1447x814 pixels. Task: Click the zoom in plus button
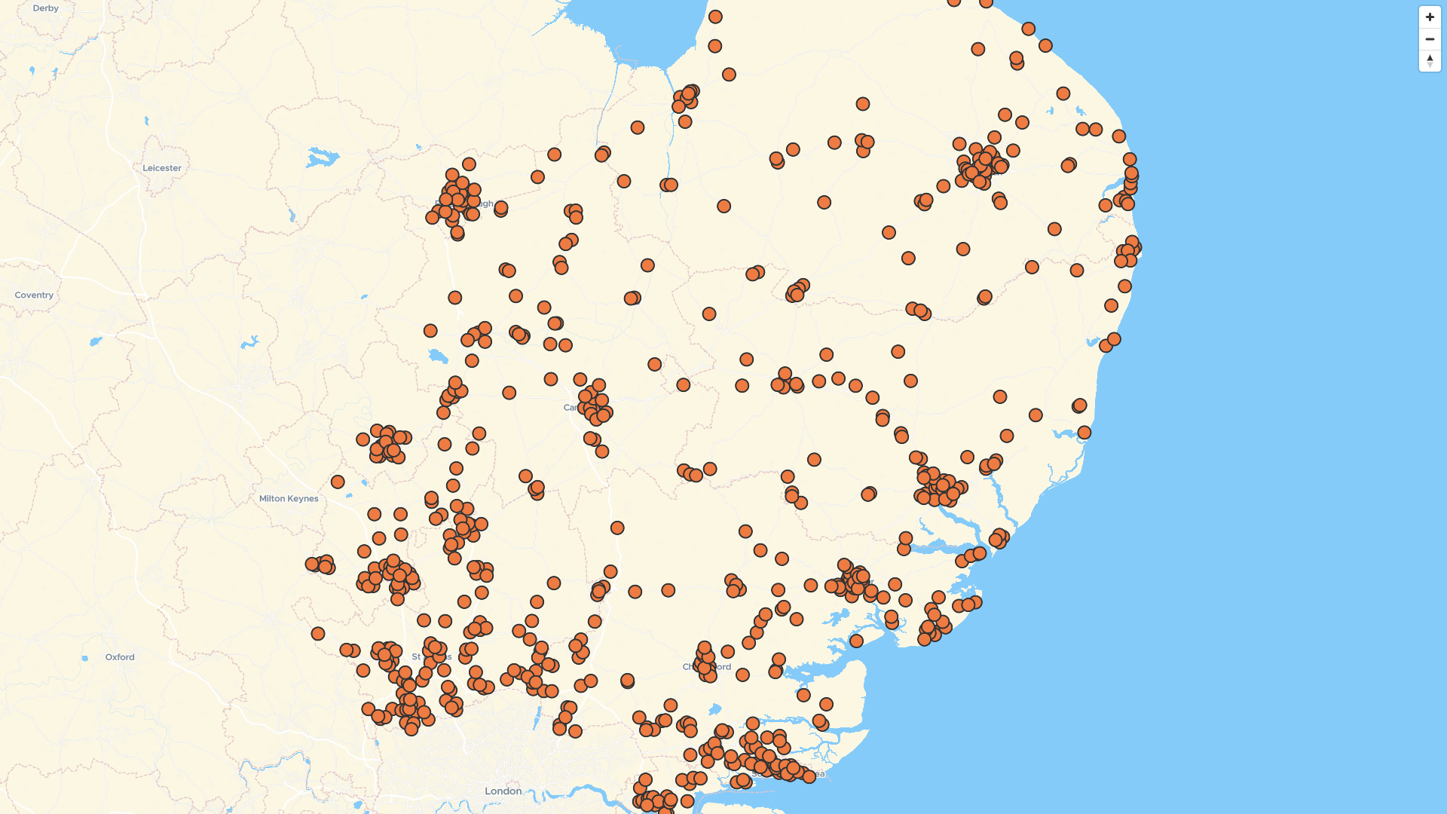point(1430,17)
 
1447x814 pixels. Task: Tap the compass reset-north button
point(1430,60)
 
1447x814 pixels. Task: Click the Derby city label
point(45,8)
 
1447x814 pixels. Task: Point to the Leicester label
point(162,168)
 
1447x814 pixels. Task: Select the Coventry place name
point(34,295)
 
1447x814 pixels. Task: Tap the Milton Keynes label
point(289,498)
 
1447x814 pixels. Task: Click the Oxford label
point(120,657)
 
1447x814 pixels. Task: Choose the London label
point(503,791)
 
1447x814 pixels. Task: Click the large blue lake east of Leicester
point(322,158)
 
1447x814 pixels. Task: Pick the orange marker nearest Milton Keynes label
point(338,482)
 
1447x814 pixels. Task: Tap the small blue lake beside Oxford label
point(85,658)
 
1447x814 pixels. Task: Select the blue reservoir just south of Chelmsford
point(714,709)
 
